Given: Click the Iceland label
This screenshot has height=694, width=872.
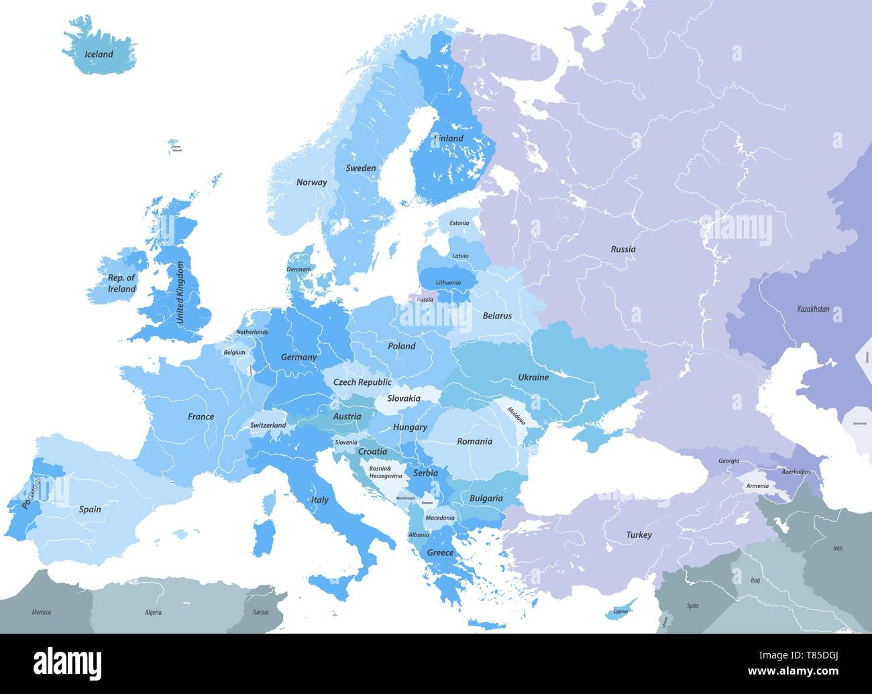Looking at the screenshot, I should click(99, 54).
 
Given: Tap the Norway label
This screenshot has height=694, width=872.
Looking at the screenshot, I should click(311, 182).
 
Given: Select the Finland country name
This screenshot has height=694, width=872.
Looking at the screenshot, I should click(449, 138).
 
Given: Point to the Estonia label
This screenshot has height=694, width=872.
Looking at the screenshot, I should click(459, 223).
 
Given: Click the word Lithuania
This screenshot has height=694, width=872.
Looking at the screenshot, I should click(448, 282).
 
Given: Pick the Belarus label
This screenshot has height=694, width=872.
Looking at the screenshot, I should click(497, 316).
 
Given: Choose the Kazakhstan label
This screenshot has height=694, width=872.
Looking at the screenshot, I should click(813, 310).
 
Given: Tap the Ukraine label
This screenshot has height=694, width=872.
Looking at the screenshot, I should click(533, 378).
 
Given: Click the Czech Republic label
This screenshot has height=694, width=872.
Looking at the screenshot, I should click(362, 382).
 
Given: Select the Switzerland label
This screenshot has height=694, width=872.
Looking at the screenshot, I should click(268, 425).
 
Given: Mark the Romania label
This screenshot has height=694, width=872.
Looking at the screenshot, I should click(474, 441).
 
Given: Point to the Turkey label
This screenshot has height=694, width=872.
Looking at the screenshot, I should click(639, 535).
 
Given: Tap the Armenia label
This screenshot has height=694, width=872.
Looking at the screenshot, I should click(757, 485).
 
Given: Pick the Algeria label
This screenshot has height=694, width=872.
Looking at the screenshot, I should click(153, 612).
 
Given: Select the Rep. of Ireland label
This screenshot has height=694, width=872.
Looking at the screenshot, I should click(121, 284).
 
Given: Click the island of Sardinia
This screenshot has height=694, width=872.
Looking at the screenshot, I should click(265, 534).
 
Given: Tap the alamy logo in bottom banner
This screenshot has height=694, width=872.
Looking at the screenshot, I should click(68, 663).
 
